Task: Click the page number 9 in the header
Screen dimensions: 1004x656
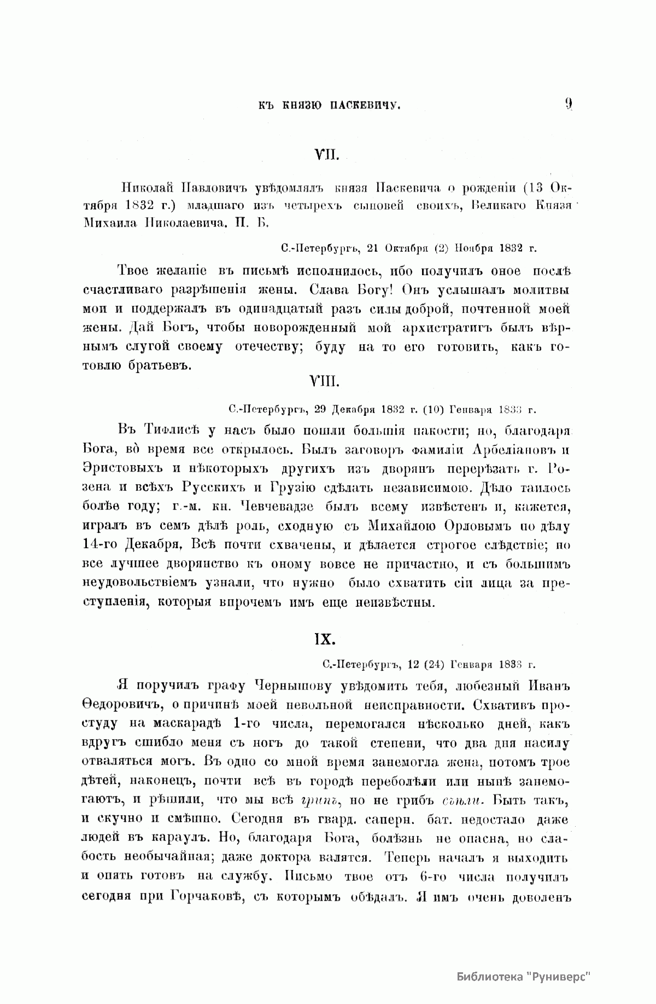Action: pyautogui.click(x=569, y=103)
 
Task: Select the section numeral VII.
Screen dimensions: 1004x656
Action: pyautogui.click(x=327, y=156)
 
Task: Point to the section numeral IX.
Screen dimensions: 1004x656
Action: pyautogui.click(x=327, y=639)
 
